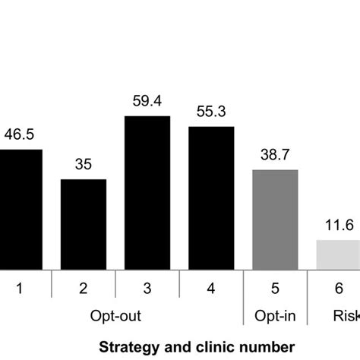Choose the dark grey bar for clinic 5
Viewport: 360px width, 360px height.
tap(275, 220)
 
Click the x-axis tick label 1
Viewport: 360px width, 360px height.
tap(21, 287)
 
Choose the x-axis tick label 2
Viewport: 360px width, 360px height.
tap(84, 287)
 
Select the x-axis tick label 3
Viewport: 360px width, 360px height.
tap(147, 287)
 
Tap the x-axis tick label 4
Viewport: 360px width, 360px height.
tap(211, 287)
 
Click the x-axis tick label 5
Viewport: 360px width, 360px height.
tap(275, 287)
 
